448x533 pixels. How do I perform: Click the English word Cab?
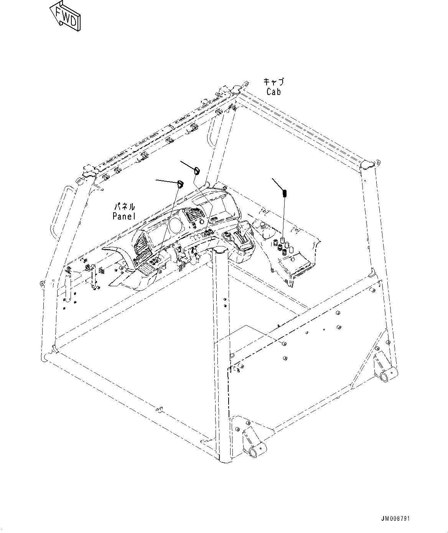point(273,92)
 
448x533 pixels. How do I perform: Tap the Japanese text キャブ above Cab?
point(273,82)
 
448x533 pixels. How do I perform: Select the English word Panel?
point(124,216)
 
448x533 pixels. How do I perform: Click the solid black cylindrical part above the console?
point(285,194)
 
